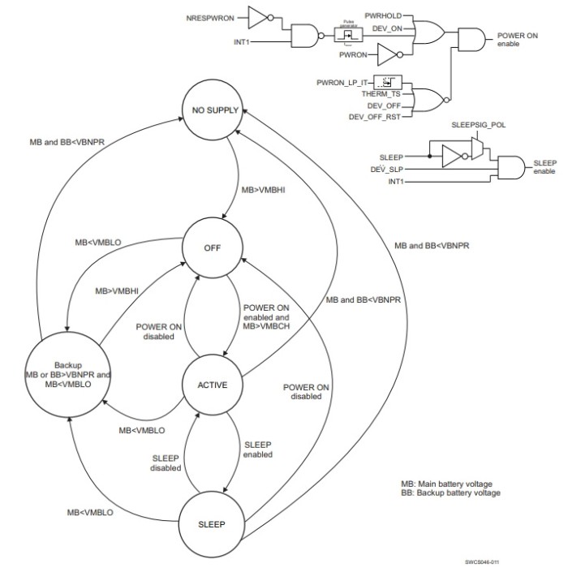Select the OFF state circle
pyautogui.click(x=213, y=248)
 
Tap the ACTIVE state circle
pyautogui.click(x=213, y=384)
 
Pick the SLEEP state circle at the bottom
pyautogui.click(x=213, y=523)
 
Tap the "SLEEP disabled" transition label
pyautogui.click(x=166, y=462)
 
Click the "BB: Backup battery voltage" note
pyautogui.click(x=450, y=493)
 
